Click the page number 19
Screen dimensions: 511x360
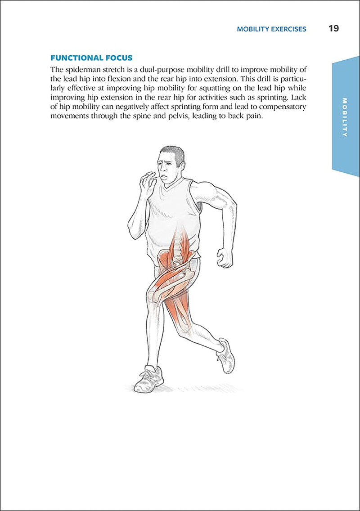pyautogui.click(x=333, y=29)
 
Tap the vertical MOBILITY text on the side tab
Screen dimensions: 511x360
pyautogui.click(x=345, y=117)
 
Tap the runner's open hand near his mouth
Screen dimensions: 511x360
pyautogui.click(x=147, y=182)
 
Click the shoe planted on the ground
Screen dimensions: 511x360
pyautogui.click(x=150, y=379)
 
